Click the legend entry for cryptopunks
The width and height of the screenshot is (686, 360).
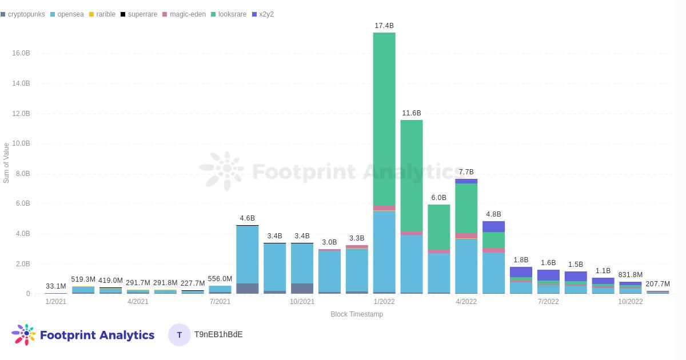tap(23, 14)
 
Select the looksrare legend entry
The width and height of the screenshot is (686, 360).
tap(229, 14)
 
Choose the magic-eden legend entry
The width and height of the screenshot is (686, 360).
tap(184, 14)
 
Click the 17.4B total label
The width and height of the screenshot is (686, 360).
tap(384, 26)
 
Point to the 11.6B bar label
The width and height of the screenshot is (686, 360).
tap(411, 113)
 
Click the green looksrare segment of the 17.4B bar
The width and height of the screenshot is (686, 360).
tap(384, 119)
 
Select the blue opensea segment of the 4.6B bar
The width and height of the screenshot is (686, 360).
tap(247, 255)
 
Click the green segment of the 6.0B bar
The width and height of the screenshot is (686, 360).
tap(439, 227)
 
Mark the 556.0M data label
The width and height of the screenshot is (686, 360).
tap(220, 279)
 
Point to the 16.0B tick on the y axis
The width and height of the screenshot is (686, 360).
tap(21, 53)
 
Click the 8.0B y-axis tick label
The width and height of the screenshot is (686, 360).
tap(23, 174)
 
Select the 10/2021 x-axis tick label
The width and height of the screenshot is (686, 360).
tap(302, 302)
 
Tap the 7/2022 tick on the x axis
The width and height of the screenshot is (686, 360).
tap(548, 302)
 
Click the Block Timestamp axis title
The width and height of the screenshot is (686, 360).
tap(357, 314)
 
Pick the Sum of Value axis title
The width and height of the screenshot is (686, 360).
tap(6, 163)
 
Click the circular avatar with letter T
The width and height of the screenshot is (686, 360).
tap(180, 335)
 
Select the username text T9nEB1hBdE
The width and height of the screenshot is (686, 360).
tap(218, 335)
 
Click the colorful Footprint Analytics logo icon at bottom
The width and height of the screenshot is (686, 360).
tap(23, 335)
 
